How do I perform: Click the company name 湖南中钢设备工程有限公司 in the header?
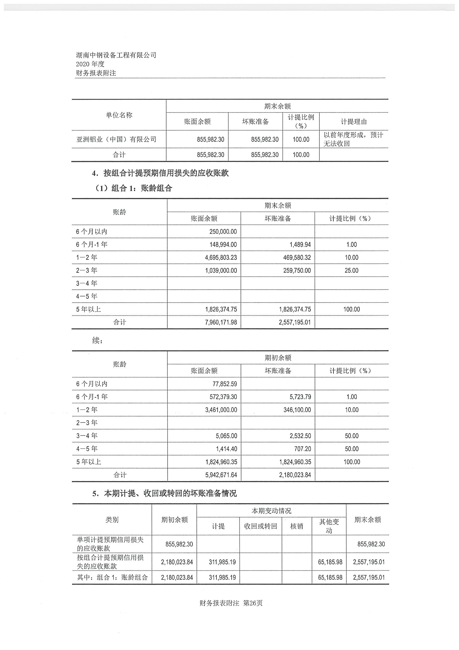pos(116,55)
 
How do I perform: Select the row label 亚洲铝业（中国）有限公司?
pos(116,139)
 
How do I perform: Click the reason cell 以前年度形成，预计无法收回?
pos(353,139)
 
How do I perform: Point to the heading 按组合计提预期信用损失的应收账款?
pos(166,173)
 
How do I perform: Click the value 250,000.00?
pos(223,232)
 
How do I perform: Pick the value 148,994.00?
pos(223,245)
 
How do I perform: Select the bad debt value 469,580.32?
pos(297,257)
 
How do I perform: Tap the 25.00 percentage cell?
pos(351,270)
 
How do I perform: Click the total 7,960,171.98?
pos(221,322)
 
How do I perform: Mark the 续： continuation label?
pos(98,341)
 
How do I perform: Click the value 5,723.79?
pos(300,397)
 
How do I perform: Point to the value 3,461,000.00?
pos(221,410)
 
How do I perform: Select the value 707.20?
pos(302,449)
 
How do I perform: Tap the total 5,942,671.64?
pos(221,475)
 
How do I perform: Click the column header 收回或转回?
pos(261,526)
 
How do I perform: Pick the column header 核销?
pos(297,526)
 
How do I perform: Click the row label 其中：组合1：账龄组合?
pos(113,577)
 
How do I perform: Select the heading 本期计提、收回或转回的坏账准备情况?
pos(170,493)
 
